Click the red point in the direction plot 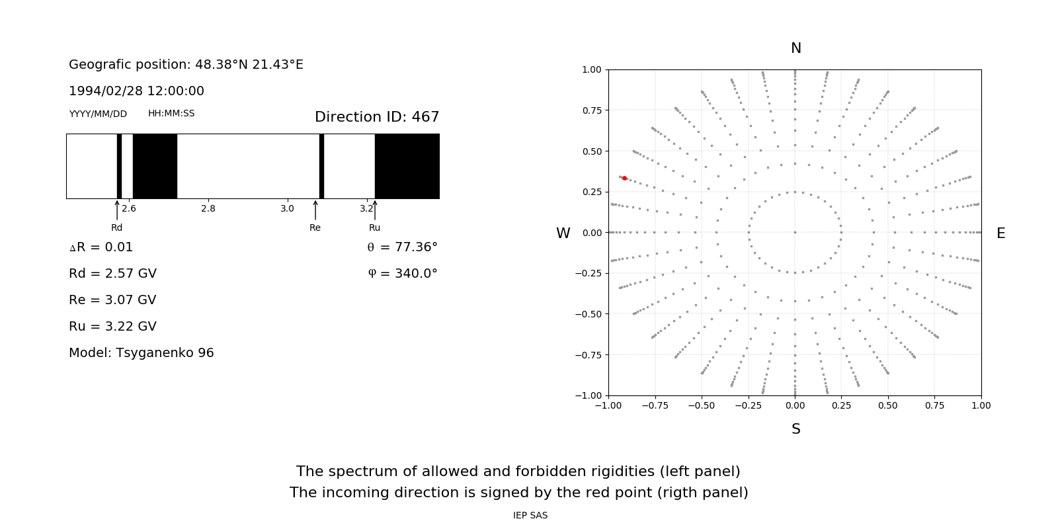click(624, 178)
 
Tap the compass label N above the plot click(796, 48)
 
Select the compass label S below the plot click(796, 429)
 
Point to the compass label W click(563, 233)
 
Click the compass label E click(1001, 233)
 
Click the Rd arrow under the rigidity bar click(117, 210)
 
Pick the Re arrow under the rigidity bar click(315, 210)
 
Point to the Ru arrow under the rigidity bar click(375, 210)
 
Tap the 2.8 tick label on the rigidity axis click(208, 208)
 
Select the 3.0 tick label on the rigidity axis click(287, 208)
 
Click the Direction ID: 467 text click(377, 117)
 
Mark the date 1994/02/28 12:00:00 click(136, 91)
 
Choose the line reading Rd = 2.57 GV click(112, 273)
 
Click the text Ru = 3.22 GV click(112, 326)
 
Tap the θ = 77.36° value click(402, 247)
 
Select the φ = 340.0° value click(402, 273)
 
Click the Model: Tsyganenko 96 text click(142, 352)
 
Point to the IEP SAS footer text click(530, 515)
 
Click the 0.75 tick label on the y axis click(591, 110)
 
